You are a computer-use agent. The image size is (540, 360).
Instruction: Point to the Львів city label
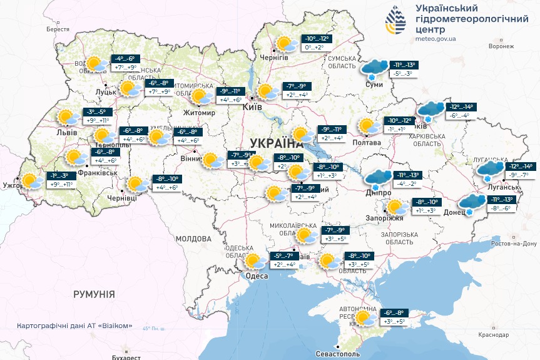point(66,133)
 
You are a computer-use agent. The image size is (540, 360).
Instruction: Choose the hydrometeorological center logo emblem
point(395,23)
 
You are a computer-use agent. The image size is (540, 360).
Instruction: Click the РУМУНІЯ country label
point(94,294)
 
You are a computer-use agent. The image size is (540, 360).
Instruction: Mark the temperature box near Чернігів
point(317,43)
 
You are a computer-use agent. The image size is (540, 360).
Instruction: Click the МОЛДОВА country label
point(193,239)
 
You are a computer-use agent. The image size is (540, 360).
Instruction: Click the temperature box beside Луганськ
point(519,170)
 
